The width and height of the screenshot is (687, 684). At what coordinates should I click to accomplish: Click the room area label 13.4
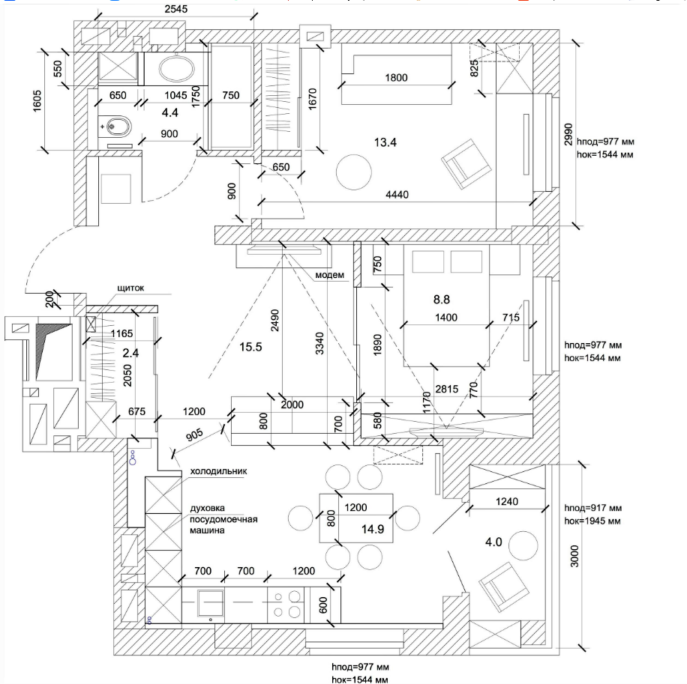pyautogui.click(x=385, y=142)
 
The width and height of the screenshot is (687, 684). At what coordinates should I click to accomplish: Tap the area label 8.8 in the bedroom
pyautogui.click(x=441, y=300)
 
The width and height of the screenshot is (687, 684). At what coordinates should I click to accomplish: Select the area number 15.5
pyautogui.click(x=250, y=347)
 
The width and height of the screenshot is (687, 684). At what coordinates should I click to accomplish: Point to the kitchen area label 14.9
pyautogui.click(x=373, y=529)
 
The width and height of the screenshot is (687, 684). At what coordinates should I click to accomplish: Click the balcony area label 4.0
pyautogui.click(x=493, y=542)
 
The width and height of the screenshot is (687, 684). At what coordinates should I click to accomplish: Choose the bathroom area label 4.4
pyautogui.click(x=169, y=112)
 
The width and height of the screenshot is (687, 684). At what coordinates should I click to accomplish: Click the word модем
pyautogui.click(x=329, y=275)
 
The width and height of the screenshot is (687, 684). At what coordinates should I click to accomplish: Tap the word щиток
pyautogui.click(x=130, y=288)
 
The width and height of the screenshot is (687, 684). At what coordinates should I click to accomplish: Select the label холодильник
pyautogui.click(x=218, y=471)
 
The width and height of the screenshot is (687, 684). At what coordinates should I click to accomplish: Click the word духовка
pyautogui.click(x=207, y=508)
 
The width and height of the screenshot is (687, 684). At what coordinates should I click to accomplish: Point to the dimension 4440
pyautogui.click(x=397, y=194)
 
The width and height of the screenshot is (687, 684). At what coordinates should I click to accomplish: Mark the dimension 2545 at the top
pyautogui.click(x=176, y=9)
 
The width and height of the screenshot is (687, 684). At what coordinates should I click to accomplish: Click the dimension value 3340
pyautogui.click(x=319, y=344)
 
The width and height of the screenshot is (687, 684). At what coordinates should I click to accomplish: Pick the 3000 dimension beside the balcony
pyautogui.click(x=574, y=556)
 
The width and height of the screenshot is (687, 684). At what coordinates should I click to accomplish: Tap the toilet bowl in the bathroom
pyautogui.click(x=115, y=127)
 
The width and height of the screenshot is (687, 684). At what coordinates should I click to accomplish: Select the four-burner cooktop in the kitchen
pyautogui.click(x=286, y=605)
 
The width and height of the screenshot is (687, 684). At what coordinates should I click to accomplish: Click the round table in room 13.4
pyautogui.click(x=353, y=172)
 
